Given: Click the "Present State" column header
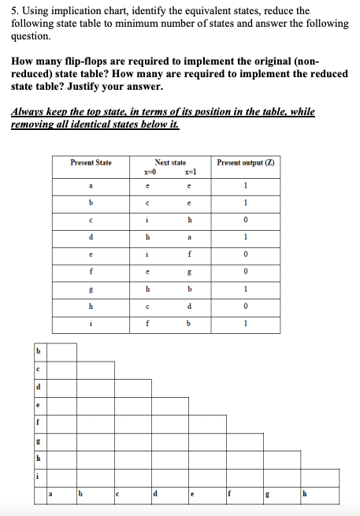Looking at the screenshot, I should (91, 162).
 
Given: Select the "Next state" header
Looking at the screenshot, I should (170, 162).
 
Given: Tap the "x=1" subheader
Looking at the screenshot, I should (190, 171).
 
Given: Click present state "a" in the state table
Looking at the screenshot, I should (91, 186).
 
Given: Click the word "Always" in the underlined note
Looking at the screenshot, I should (28, 112).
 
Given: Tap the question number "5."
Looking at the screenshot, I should (17, 11).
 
